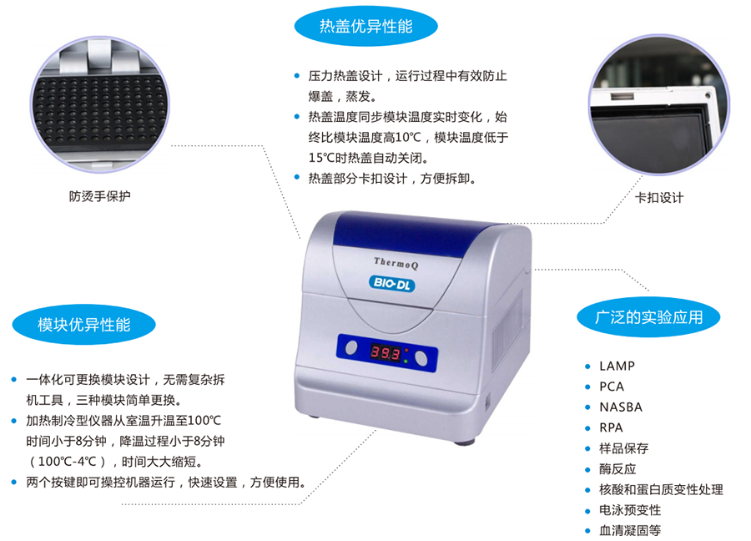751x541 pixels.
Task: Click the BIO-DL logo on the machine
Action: click(392, 284)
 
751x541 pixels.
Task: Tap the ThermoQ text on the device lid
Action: click(396, 263)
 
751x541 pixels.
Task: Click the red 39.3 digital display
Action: click(386, 353)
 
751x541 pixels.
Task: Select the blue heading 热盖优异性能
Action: click(366, 26)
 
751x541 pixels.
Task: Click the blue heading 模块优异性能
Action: click(83, 325)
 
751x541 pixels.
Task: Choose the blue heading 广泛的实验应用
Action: click(648, 317)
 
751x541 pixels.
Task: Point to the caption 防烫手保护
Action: click(99, 196)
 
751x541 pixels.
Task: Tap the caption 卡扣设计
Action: click(659, 197)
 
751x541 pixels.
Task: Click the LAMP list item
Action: click(617, 367)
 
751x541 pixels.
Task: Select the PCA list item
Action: click(612, 387)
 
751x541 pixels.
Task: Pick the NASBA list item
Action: click(621, 407)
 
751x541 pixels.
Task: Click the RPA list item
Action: click(611, 428)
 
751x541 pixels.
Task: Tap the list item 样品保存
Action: click(623, 448)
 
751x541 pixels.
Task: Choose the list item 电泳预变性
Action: click(630, 510)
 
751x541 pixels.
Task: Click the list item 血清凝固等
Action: click(630, 530)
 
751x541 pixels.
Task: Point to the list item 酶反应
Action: click(617, 469)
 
